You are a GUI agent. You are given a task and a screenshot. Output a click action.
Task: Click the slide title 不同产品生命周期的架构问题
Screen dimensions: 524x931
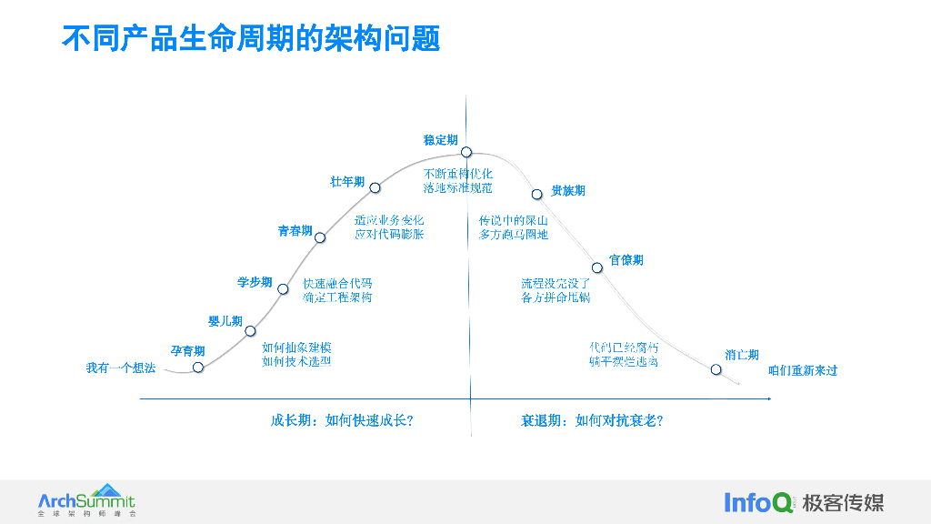pyautogui.click(x=251, y=38)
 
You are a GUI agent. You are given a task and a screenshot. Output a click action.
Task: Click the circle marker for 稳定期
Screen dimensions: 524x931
pyautogui.click(x=465, y=152)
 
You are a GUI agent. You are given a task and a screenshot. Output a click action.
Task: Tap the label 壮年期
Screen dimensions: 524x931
pyautogui.click(x=347, y=182)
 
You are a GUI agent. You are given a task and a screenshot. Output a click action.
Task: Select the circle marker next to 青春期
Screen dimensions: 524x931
pyautogui.click(x=320, y=237)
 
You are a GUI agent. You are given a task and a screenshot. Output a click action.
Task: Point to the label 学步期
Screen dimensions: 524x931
pyautogui.click(x=255, y=283)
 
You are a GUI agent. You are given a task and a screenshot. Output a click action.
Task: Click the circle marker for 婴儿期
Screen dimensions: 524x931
pyautogui.click(x=250, y=330)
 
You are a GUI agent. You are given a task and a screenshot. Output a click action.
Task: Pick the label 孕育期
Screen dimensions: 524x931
pyautogui.click(x=188, y=351)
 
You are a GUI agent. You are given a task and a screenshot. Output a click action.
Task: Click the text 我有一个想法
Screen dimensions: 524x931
pyautogui.click(x=121, y=368)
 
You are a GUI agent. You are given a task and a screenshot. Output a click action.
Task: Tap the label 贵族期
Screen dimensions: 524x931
pyautogui.click(x=568, y=191)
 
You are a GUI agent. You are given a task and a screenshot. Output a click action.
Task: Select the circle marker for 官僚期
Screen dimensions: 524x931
pyautogui.click(x=597, y=267)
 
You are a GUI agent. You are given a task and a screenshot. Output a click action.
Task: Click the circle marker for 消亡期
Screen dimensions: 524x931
pyautogui.click(x=716, y=369)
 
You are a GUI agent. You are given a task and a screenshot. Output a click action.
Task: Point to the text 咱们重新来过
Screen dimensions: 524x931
pyautogui.click(x=803, y=370)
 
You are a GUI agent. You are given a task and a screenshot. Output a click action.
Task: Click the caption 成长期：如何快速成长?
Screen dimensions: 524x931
pyautogui.click(x=342, y=420)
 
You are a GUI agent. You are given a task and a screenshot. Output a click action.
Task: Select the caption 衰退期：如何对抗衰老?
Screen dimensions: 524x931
pyautogui.click(x=592, y=420)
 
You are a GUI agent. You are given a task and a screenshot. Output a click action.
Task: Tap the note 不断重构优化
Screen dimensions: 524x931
pyautogui.click(x=457, y=174)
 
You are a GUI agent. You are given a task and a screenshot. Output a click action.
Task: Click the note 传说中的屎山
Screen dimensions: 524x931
pyautogui.click(x=514, y=221)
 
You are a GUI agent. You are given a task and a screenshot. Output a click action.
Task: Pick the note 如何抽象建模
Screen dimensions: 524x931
pyautogui.click(x=296, y=348)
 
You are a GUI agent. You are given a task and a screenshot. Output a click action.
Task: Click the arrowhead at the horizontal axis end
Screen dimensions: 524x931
pyautogui.click(x=768, y=398)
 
